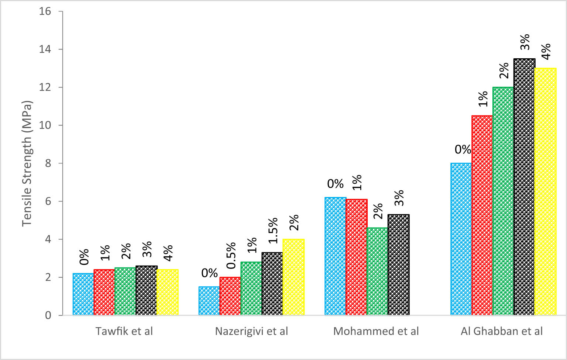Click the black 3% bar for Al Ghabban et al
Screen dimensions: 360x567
coord(524,187)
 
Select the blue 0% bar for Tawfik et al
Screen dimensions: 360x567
coord(83,294)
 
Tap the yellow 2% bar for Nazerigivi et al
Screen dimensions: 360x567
coord(293,277)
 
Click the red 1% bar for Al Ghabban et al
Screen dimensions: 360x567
coord(482,215)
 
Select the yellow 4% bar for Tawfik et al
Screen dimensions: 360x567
coord(168,292)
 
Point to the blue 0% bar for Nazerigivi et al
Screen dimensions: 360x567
coord(209,301)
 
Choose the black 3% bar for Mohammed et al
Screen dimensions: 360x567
coord(399,264)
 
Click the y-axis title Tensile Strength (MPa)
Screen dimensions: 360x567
coord(27,163)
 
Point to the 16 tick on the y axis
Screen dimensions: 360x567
coord(45,11)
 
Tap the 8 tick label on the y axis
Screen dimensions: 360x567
coord(48,163)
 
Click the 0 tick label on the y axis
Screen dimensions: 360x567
coord(48,315)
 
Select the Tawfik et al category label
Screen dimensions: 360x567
coord(124,331)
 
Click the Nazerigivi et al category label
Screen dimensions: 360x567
coord(251,331)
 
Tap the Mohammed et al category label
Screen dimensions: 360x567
coord(376,331)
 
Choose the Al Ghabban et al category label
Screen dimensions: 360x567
coord(502,331)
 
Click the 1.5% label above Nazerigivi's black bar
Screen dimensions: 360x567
coord(273,231)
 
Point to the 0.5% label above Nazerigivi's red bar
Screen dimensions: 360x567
coord(231,255)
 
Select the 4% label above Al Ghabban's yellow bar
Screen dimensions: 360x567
coord(546,51)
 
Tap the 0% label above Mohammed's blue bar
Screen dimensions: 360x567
coord(335,184)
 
